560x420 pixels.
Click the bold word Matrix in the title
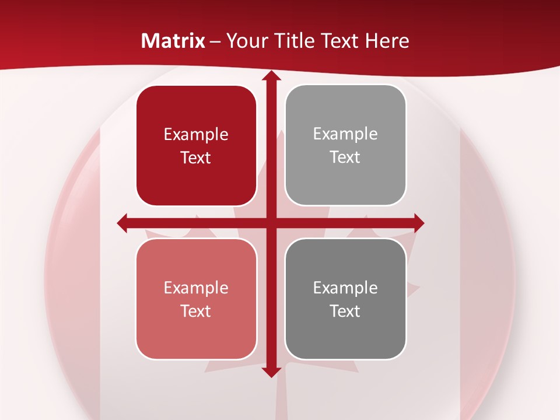click(x=173, y=41)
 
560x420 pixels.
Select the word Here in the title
click(x=387, y=41)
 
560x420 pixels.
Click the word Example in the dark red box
click(x=196, y=135)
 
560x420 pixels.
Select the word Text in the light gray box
click(x=345, y=157)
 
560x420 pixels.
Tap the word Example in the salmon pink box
click(x=196, y=288)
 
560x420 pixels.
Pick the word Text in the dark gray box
click(x=345, y=311)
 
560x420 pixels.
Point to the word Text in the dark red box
click(x=196, y=158)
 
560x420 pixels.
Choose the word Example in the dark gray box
click(x=345, y=288)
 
